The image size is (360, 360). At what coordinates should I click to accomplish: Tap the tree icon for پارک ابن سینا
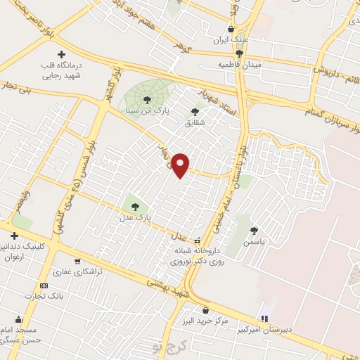(x=146, y=99)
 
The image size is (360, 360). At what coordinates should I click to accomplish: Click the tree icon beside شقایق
(x=195, y=111)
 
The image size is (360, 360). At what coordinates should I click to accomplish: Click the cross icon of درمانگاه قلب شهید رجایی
(x=61, y=54)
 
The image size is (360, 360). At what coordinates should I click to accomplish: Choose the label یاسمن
(x=252, y=240)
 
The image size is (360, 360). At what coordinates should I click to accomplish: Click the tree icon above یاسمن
(x=253, y=230)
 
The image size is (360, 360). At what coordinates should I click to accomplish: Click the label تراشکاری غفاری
(x=79, y=271)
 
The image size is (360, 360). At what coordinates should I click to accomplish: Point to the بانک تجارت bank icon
(x=44, y=286)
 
